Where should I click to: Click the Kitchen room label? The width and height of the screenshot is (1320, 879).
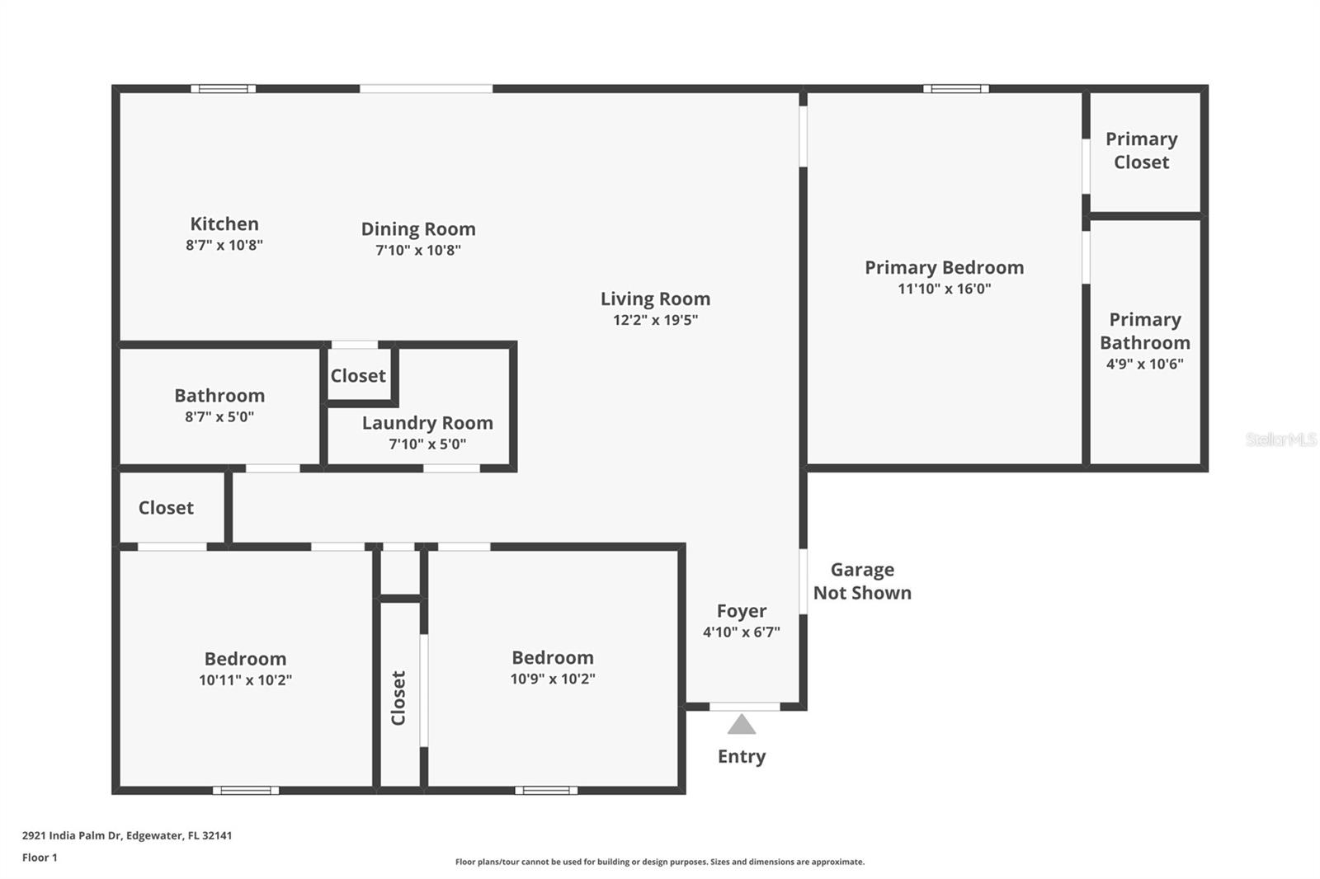(x=224, y=223)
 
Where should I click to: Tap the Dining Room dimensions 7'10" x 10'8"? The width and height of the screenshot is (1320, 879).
(x=418, y=250)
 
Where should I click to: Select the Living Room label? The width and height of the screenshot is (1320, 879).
(x=655, y=298)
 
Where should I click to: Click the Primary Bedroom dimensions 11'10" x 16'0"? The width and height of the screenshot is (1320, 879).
(x=944, y=289)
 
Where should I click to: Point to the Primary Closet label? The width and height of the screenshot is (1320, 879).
(x=1141, y=150)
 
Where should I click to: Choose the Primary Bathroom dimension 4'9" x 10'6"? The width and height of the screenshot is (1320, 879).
(x=1144, y=364)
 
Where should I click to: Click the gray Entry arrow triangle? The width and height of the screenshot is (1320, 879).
(x=742, y=726)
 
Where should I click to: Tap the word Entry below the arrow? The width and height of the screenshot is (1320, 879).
(x=742, y=756)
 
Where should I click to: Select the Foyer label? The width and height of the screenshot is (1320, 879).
(x=741, y=611)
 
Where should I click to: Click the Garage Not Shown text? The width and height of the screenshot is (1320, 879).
(x=862, y=581)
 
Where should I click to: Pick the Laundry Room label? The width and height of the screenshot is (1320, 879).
(x=427, y=423)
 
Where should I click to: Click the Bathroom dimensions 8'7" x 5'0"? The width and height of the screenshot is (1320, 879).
(x=219, y=416)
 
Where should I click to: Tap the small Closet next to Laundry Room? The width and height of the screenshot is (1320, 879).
(x=358, y=376)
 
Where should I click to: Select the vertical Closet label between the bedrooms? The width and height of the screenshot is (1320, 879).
(x=398, y=698)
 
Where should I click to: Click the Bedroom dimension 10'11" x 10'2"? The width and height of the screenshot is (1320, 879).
(x=245, y=680)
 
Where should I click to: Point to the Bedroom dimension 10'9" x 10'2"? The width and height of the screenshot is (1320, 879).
(x=553, y=679)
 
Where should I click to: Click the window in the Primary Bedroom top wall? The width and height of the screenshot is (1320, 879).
(x=955, y=88)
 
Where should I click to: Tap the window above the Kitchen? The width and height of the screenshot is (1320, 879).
(x=224, y=88)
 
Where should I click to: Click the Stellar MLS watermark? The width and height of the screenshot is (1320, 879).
(x=1280, y=439)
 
